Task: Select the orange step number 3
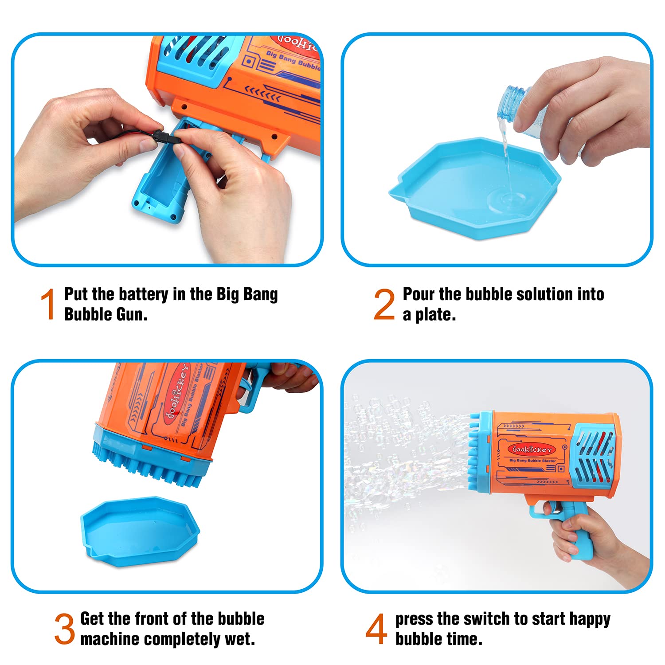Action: point(65,629)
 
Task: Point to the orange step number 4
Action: point(376,629)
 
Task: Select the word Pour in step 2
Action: point(419,294)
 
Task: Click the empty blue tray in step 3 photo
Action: point(140,530)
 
